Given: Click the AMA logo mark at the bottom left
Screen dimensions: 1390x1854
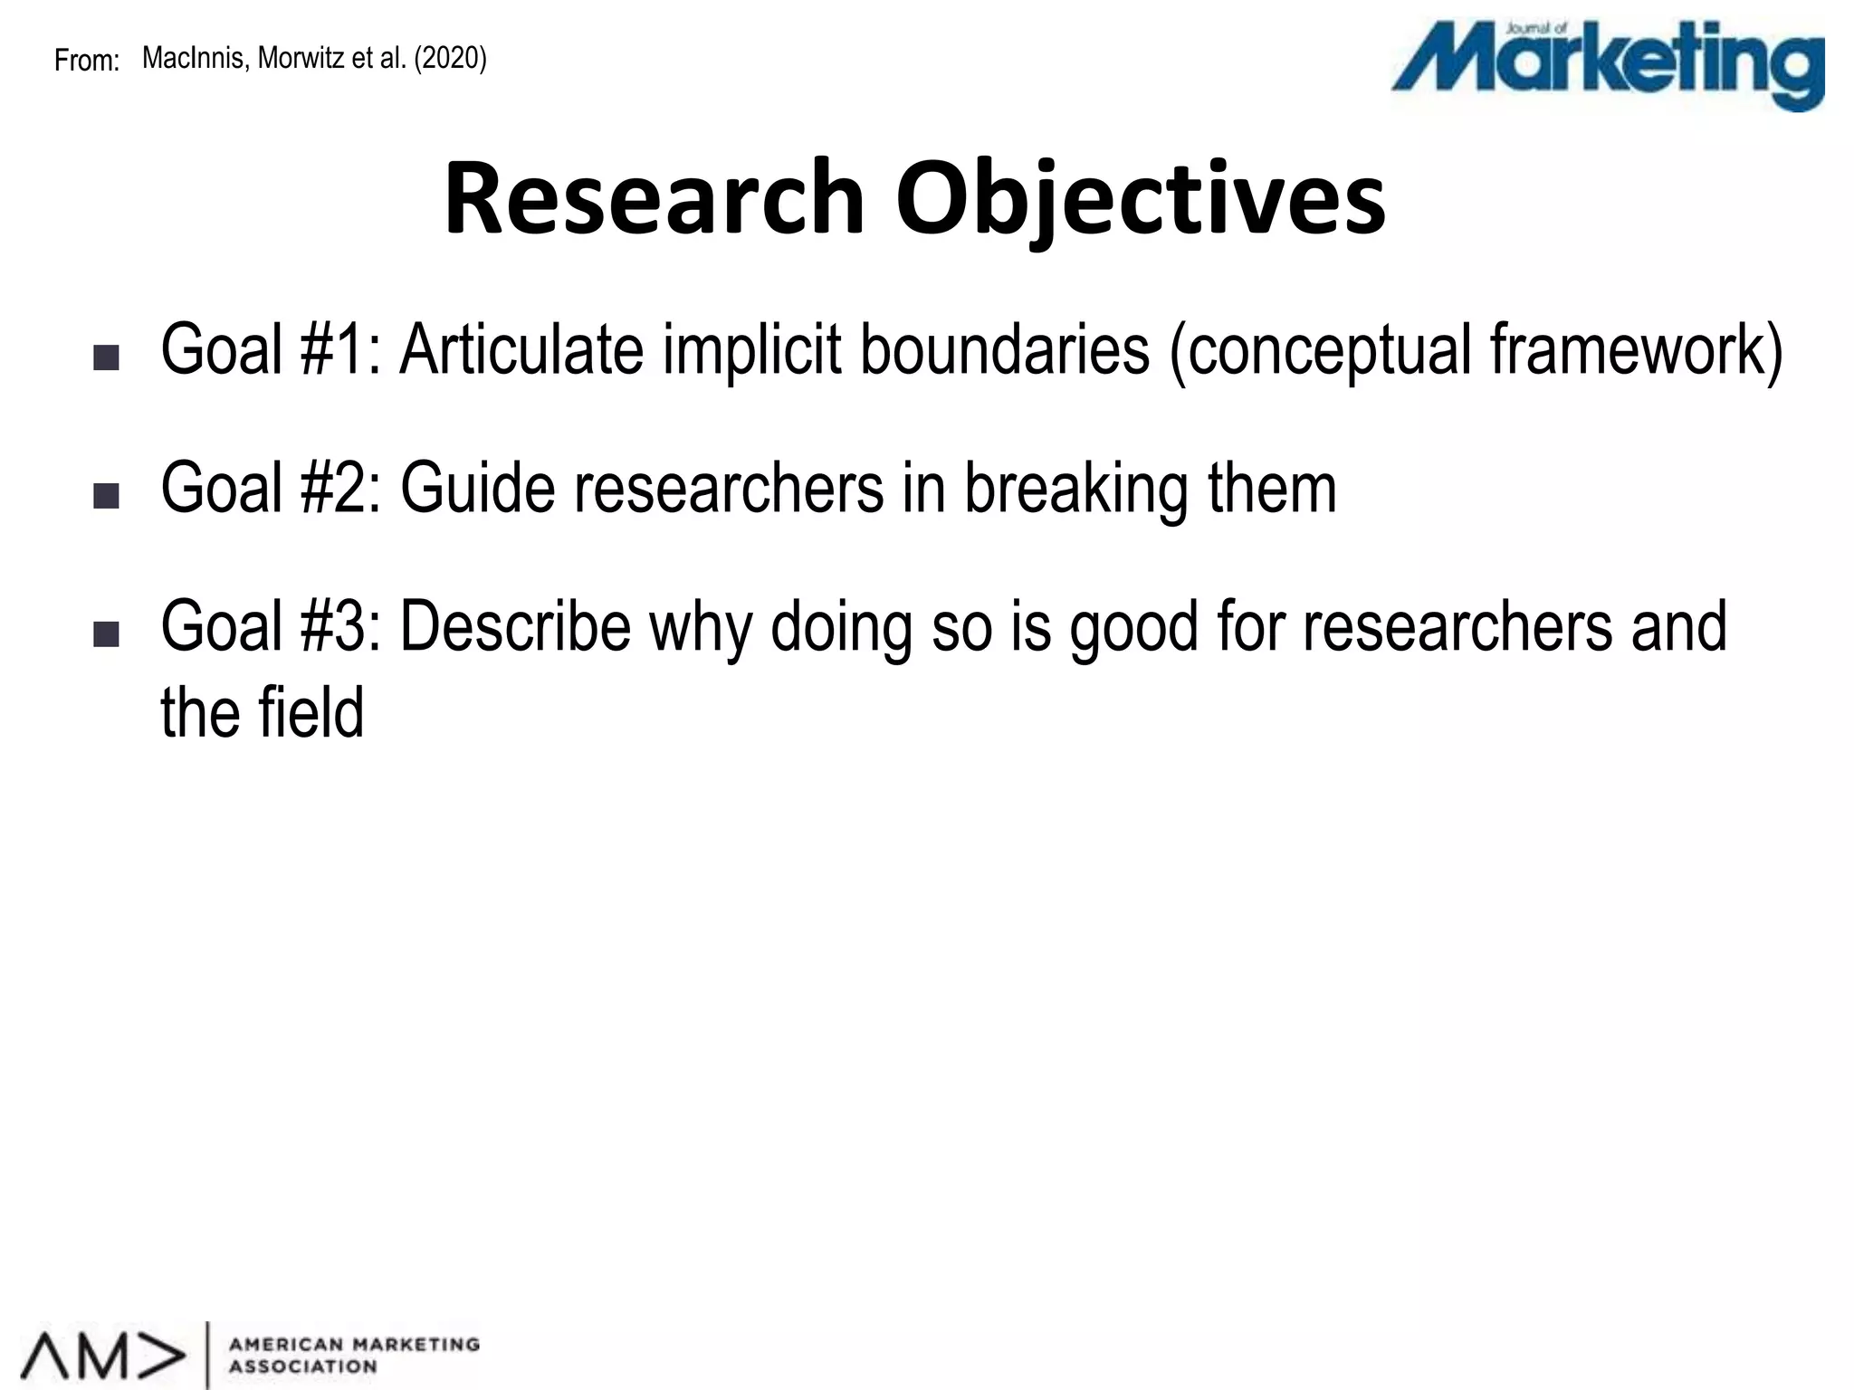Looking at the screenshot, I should pos(103,1355).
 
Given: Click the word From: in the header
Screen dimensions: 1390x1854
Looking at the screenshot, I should pos(87,61).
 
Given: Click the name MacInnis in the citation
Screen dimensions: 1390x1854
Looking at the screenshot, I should pos(193,58).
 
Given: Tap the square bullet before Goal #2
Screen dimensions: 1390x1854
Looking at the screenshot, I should pos(106,496).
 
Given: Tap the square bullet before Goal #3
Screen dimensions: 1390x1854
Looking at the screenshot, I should pos(106,634).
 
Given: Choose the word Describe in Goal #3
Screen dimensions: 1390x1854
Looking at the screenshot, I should pos(515,626).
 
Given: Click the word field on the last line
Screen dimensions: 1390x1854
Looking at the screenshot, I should pos(311,712).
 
